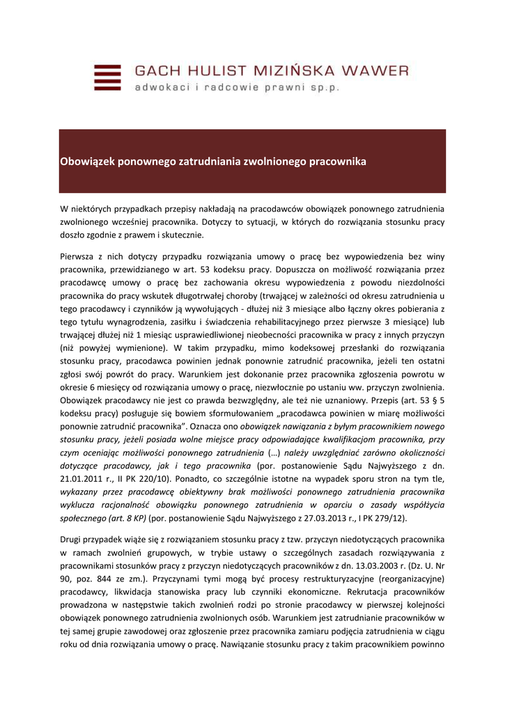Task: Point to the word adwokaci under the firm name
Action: (161, 88)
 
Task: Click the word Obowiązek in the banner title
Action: (88, 162)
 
